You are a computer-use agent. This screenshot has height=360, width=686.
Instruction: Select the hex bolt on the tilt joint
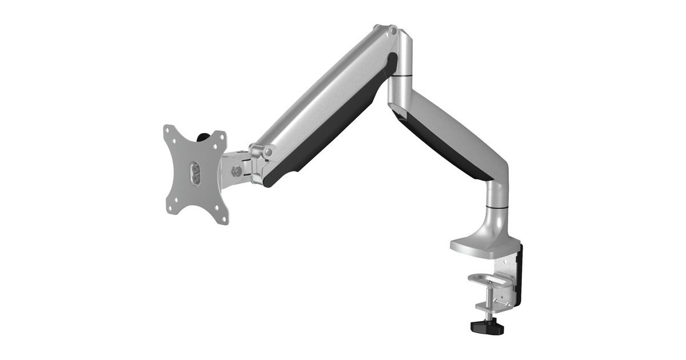click(235, 170)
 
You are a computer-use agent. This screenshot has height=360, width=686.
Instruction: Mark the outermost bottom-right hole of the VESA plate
click(225, 219)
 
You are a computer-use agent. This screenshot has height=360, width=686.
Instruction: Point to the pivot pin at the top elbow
click(392, 29)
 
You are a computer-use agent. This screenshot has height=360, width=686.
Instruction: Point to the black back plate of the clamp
click(519, 274)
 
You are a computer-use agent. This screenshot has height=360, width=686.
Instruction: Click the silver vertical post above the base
click(495, 191)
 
